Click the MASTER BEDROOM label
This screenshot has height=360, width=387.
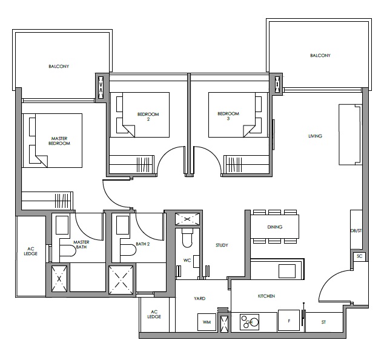(59, 141)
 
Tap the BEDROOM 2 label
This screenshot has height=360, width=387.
(148, 116)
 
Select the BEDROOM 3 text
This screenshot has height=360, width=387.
(228, 116)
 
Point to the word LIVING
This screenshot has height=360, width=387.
(315, 136)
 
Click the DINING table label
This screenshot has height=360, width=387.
(275, 227)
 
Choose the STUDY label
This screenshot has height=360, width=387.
(222, 245)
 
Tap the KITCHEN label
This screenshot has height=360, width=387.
(266, 296)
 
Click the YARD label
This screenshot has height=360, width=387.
(199, 299)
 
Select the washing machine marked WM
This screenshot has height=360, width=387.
(207, 322)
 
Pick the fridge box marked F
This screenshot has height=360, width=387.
(289, 321)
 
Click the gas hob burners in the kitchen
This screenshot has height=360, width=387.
(250, 322)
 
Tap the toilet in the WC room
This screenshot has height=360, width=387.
(187, 238)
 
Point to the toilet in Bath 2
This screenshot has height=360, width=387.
(128, 250)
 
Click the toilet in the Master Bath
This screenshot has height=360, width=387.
(67, 251)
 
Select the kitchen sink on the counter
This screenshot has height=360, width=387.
(287, 271)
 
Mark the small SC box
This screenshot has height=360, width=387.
(359, 256)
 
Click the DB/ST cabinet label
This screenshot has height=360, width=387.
(356, 231)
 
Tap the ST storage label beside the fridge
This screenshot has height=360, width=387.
(323, 322)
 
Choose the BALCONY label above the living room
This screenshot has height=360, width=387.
(320, 56)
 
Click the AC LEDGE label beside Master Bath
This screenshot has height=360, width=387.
(31, 251)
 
